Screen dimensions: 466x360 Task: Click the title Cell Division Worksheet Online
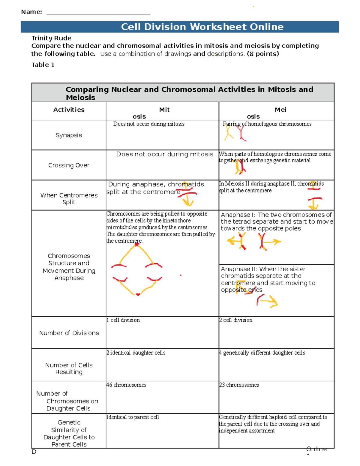pyautogui.click(x=202, y=27)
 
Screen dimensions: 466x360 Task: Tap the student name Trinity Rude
pyautogui.click(x=51, y=38)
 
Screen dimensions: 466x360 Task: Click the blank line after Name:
pyautogui.click(x=98, y=13)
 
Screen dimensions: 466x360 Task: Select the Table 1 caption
pyautogui.click(x=43, y=65)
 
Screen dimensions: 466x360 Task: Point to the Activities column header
pyautogui.click(x=69, y=110)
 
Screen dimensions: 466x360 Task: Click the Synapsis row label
pyautogui.click(x=69, y=135)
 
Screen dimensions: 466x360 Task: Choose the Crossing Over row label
pyautogui.click(x=69, y=165)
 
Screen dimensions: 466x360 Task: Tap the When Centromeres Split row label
pyautogui.click(x=69, y=198)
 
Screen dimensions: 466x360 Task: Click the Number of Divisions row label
pyautogui.click(x=69, y=333)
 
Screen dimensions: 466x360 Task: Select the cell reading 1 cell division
pyautogui.click(x=123, y=320)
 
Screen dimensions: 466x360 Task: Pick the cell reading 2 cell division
pyautogui.click(x=236, y=320)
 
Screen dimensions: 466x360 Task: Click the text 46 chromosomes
pyautogui.click(x=126, y=385)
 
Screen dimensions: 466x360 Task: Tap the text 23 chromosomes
pyautogui.click(x=239, y=385)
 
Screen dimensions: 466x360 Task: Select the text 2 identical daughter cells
pyautogui.click(x=136, y=353)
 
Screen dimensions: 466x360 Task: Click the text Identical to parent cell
pyautogui.click(x=133, y=417)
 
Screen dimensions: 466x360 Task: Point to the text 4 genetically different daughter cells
pyautogui.click(x=262, y=353)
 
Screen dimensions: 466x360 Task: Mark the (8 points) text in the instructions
pyautogui.click(x=263, y=54)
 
